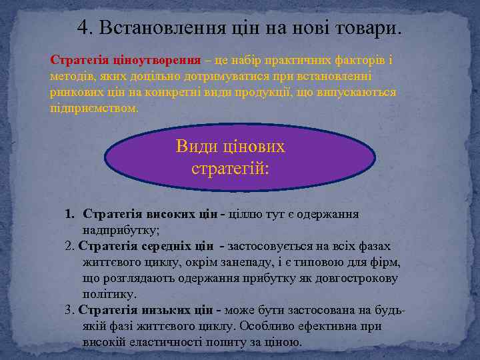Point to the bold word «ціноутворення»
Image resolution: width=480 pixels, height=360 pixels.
tap(140, 60)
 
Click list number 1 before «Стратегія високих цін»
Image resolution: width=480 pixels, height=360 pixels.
tap(69, 214)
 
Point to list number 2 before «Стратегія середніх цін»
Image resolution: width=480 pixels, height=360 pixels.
tap(69, 246)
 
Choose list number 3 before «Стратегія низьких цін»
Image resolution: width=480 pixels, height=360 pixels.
tap(69, 310)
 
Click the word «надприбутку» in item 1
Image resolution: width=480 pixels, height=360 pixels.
tap(120, 230)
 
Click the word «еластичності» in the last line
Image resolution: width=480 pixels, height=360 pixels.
tap(169, 342)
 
